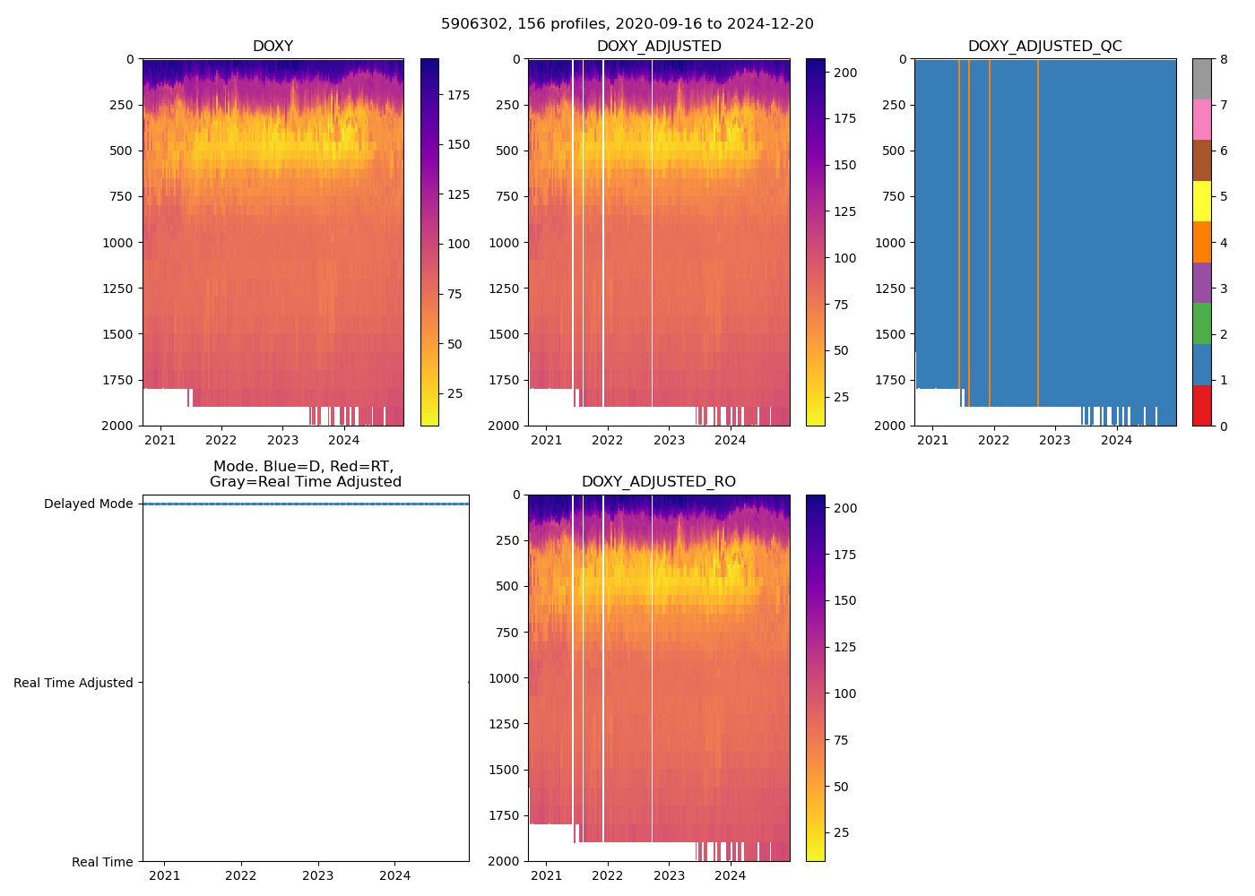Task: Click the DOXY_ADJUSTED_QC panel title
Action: click(x=1044, y=47)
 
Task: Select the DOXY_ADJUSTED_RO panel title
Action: click(x=658, y=482)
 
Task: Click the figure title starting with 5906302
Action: click(x=627, y=24)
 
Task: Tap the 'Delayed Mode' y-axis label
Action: click(x=88, y=504)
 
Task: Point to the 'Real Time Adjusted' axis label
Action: click(x=74, y=683)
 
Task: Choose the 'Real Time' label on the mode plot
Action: click(x=102, y=862)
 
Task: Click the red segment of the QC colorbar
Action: click(x=1202, y=405)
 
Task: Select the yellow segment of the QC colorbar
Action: click(x=1202, y=201)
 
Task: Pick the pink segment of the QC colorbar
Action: click(x=1202, y=119)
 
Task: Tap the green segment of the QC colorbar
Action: click(x=1202, y=323)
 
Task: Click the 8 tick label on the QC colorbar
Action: click(x=1224, y=59)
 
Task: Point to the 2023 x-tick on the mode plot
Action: click(x=318, y=875)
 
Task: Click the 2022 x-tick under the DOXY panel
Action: click(x=221, y=440)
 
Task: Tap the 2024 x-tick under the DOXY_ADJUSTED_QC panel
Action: click(x=1116, y=440)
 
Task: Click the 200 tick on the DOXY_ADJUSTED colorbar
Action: click(x=845, y=73)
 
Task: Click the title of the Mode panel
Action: click(x=305, y=474)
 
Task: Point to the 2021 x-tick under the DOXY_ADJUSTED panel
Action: click(x=546, y=440)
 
